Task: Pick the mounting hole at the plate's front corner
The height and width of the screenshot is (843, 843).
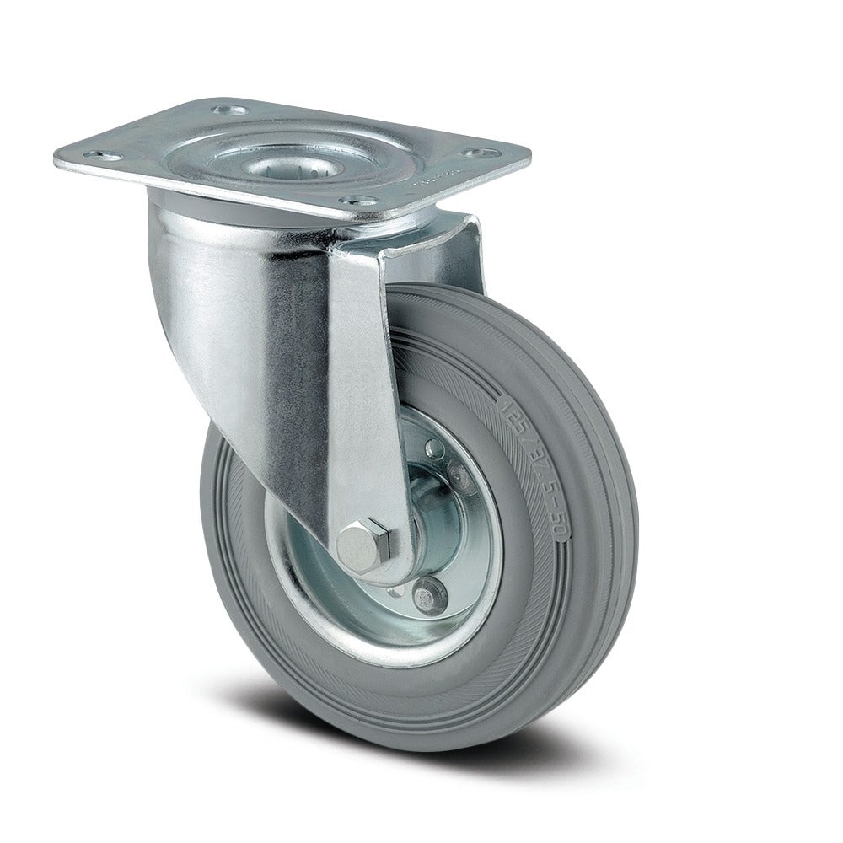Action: [x=347, y=202]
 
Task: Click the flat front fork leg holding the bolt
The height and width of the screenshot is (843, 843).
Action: [x=358, y=379]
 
